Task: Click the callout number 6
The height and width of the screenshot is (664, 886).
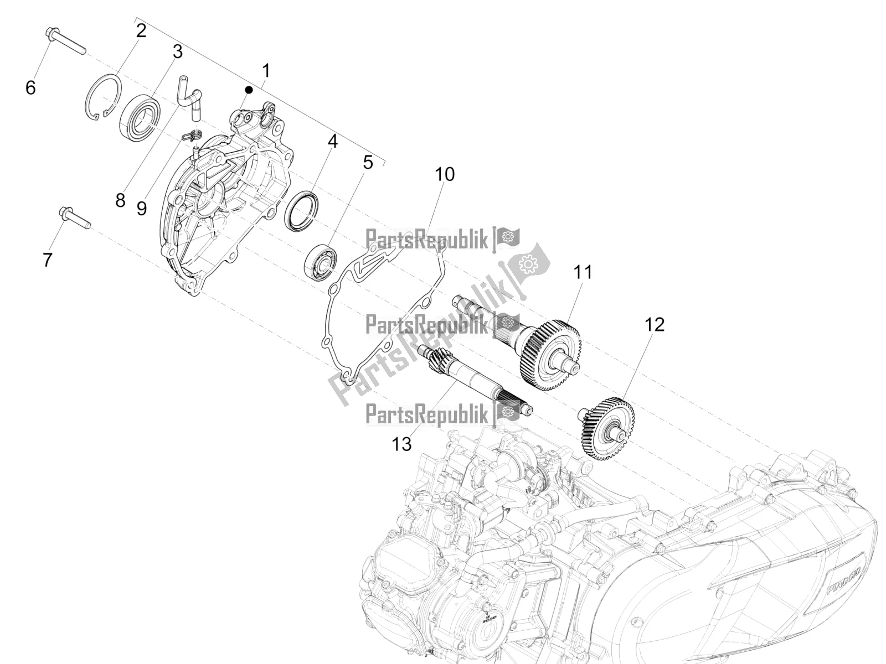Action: pyautogui.click(x=31, y=87)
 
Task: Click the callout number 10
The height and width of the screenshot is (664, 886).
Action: pyautogui.click(x=444, y=174)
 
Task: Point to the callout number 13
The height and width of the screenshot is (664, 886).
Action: pyautogui.click(x=402, y=443)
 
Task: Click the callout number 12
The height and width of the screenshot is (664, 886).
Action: pyautogui.click(x=654, y=324)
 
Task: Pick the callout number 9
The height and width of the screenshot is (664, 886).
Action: pyautogui.click(x=141, y=209)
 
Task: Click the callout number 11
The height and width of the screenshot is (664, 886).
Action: pyautogui.click(x=582, y=272)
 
